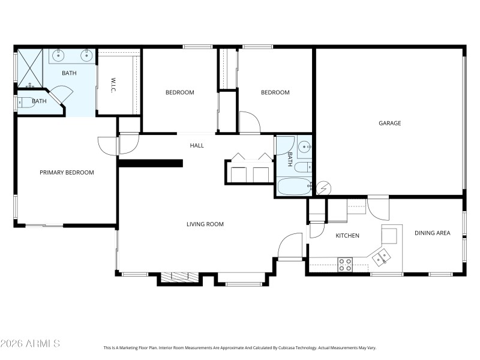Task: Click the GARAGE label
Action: pyautogui.click(x=389, y=123)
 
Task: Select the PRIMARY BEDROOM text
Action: pyautogui.click(x=67, y=172)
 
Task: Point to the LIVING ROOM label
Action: pyautogui.click(x=205, y=224)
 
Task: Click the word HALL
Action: pyautogui.click(x=197, y=145)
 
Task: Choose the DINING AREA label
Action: pyautogui.click(x=432, y=233)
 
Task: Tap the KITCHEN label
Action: pyautogui.click(x=347, y=236)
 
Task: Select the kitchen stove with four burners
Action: pyautogui.click(x=345, y=264)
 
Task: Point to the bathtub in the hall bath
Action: pyautogui.click(x=294, y=187)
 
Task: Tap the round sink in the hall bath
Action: pyautogui.click(x=304, y=146)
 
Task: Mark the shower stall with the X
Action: pyautogui.click(x=29, y=68)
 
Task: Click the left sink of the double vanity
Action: pyautogui.click(x=58, y=56)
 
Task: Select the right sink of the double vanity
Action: pyautogui.click(x=86, y=56)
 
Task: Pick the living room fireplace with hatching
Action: pyautogui.click(x=180, y=277)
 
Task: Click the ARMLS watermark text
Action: pyautogui.click(x=30, y=344)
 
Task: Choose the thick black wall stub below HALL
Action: pyautogui.click(x=151, y=163)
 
